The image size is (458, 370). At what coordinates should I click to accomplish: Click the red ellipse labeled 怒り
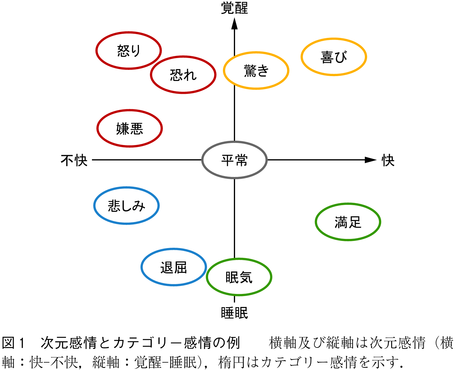pyautogui.click(x=129, y=51)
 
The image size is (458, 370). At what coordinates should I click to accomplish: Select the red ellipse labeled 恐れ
pyautogui.click(x=183, y=75)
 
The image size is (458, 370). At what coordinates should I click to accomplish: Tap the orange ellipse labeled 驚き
pyautogui.click(x=256, y=71)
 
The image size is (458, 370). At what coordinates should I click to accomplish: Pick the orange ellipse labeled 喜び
pyautogui.click(x=334, y=57)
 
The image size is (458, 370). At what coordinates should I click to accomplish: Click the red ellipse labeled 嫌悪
pyautogui.click(x=130, y=128)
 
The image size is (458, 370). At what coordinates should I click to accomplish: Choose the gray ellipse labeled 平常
pyautogui.click(x=234, y=160)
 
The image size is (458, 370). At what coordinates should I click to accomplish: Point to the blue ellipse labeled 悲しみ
pyautogui.click(x=127, y=206)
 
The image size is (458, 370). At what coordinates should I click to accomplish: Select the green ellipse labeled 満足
pyautogui.click(x=348, y=222)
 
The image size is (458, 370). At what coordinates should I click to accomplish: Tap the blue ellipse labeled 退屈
pyautogui.click(x=174, y=267)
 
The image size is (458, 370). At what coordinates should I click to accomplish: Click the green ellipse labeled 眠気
pyautogui.click(x=239, y=277)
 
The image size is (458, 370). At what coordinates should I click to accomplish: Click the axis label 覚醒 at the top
pyautogui.click(x=234, y=8)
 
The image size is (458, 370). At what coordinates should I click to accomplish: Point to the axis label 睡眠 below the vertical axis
pyautogui.click(x=234, y=313)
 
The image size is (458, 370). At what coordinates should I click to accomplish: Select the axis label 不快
pyautogui.click(x=74, y=160)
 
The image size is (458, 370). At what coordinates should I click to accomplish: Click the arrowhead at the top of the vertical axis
pyautogui.click(x=234, y=24)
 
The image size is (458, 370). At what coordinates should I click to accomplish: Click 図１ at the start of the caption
pyautogui.click(x=13, y=343)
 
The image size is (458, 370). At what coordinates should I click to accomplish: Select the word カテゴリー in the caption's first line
pyautogui.click(x=148, y=343)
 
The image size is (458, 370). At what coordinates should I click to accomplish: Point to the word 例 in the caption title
pyautogui.click(x=234, y=343)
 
